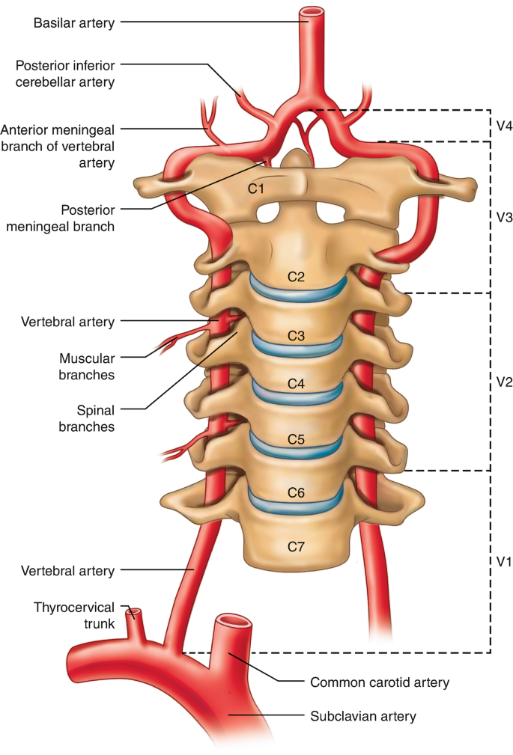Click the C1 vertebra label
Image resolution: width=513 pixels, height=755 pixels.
point(256,189)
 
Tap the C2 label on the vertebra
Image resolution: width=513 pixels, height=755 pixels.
point(297,277)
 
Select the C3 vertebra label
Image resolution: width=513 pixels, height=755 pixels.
point(297,336)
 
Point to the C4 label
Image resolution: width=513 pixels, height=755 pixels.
point(297,385)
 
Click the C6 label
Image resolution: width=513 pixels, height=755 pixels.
point(297,492)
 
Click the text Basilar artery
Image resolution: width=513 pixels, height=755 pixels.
point(74,22)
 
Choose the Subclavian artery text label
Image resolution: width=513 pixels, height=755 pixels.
point(362,716)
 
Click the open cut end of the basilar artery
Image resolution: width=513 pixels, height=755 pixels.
point(312,13)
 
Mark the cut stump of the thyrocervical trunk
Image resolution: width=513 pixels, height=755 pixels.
point(135,614)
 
